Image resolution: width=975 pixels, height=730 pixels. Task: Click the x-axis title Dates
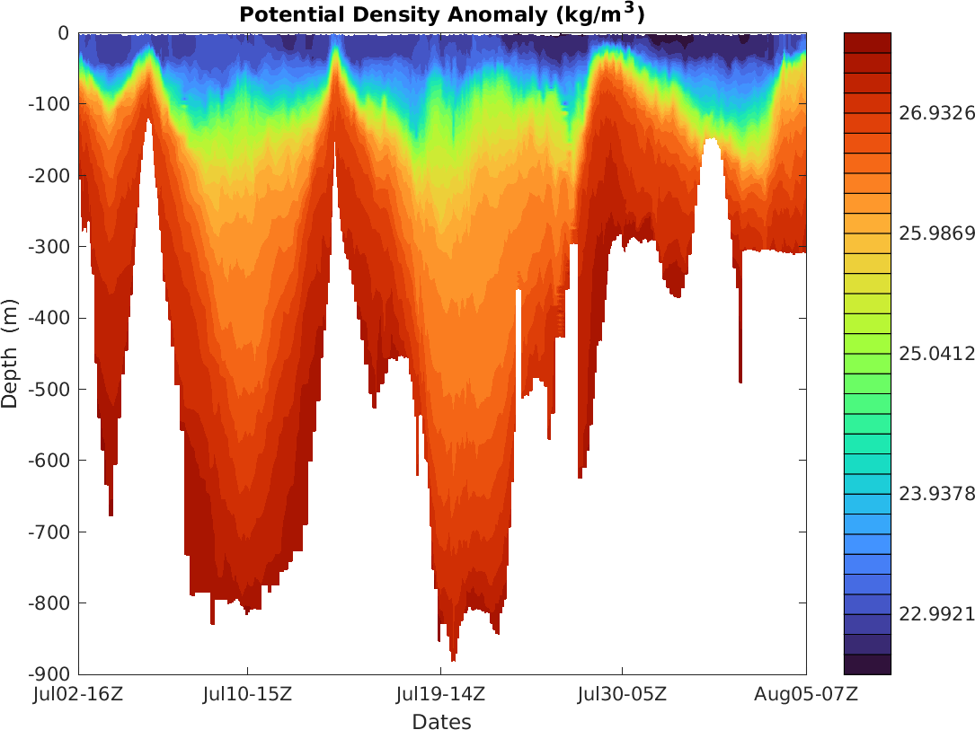(x=441, y=721)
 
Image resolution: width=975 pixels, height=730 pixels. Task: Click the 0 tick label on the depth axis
(x=64, y=33)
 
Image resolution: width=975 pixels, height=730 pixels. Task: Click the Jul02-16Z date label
(x=79, y=694)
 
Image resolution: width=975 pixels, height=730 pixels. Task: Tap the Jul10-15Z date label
(x=247, y=694)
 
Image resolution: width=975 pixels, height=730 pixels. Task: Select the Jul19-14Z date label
(x=440, y=694)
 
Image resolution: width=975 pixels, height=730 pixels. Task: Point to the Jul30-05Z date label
(x=622, y=694)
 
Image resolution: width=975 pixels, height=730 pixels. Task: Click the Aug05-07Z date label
(x=806, y=694)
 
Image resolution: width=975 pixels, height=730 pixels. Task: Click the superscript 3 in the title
(x=629, y=8)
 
